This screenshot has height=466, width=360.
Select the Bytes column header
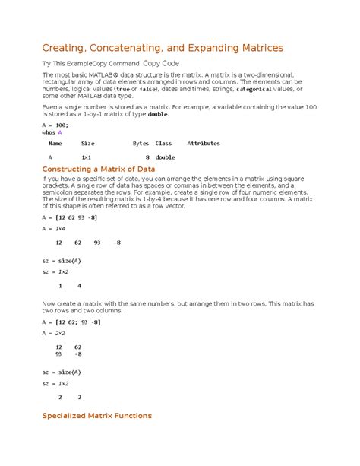[141, 143]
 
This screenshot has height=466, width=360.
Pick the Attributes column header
[204, 143]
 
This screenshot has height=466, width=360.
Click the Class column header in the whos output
[163, 143]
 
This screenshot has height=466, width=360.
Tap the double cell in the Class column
[165, 157]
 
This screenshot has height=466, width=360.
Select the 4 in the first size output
[79, 286]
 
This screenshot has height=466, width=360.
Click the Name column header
[55, 143]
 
